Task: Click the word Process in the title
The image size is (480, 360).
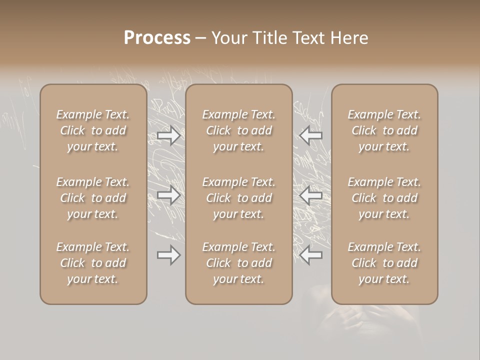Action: tap(157, 38)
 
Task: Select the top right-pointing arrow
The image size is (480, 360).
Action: tap(169, 135)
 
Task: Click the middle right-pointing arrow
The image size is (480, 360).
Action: tap(169, 195)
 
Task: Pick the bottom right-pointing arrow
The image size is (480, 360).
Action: tap(169, 255)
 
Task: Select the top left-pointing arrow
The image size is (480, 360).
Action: tap(311, 135)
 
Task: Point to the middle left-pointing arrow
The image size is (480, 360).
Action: tap(311, 195)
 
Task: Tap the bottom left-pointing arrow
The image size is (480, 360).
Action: tap(311, 255)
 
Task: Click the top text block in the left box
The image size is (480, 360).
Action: tap(93, 130)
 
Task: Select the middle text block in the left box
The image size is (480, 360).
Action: tap(93, 198)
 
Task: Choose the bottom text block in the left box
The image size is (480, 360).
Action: tap(93, 263)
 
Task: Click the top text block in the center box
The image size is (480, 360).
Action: tap(239, 130)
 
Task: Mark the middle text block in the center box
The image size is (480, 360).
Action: tap(239, 198)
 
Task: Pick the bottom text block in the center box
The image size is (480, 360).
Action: tap(239, 263)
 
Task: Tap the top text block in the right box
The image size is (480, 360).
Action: tap(384, 130)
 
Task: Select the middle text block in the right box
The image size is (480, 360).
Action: tap(384, 198)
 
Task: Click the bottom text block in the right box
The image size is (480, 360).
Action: tap(384, 263)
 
